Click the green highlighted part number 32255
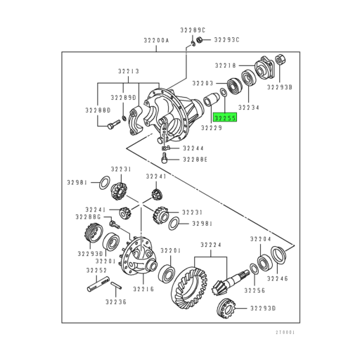226,119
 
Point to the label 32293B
279,88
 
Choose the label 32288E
196,160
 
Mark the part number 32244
193,148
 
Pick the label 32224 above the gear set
210,245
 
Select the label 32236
116,302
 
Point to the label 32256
255,290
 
